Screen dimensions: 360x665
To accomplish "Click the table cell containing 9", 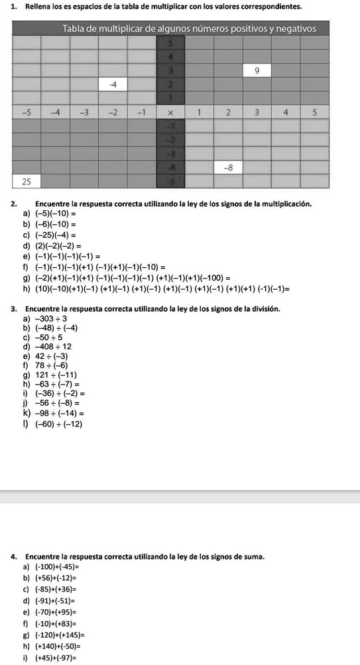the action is (257, 70).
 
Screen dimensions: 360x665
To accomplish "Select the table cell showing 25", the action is (26, 181).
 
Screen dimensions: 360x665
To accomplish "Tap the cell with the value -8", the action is (227, 168).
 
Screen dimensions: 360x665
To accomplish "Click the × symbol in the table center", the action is (170, 112).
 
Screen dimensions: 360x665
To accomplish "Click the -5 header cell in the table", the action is (26, 112).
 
